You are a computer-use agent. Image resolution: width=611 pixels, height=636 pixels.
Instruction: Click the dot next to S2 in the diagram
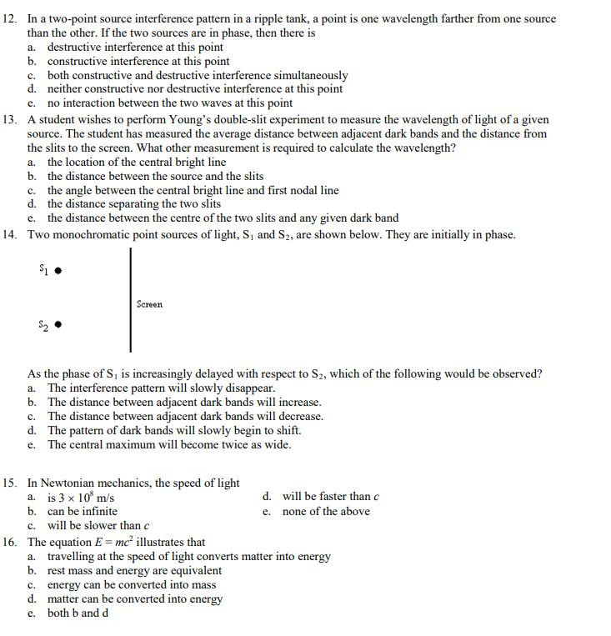coord(60,324)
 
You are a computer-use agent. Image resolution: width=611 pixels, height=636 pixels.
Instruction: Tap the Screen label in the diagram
coord(150,305)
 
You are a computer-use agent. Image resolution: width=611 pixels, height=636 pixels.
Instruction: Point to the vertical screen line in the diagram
coord(130,300)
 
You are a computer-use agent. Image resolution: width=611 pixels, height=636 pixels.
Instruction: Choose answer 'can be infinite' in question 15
coord(82,511)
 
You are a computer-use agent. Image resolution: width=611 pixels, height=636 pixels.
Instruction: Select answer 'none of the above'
coord(326,511)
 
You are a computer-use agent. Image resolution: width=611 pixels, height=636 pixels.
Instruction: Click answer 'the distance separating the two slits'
coord(133,204)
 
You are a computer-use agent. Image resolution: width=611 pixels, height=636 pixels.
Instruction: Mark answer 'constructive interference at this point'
coord(138,62)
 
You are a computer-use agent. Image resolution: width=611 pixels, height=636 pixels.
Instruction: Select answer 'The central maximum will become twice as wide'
coord(168,445)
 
